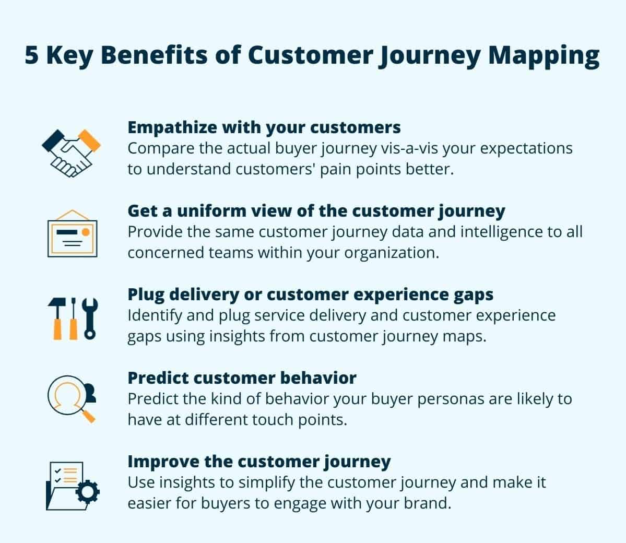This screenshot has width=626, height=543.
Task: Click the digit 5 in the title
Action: click(32, 55)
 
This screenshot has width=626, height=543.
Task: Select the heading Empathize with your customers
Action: click(264, 127)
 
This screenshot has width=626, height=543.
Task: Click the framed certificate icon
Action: click(72, 235)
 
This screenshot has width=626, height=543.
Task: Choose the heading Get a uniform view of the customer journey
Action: click(316, 210)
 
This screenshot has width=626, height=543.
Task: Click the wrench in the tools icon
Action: click(91, 318)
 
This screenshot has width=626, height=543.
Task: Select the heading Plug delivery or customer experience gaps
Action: click(311, 294)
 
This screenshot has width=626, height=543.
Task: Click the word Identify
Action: click(153, 315)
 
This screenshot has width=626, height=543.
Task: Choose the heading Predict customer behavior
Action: click(242, 377)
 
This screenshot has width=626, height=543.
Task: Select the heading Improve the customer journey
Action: click(259, 461)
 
